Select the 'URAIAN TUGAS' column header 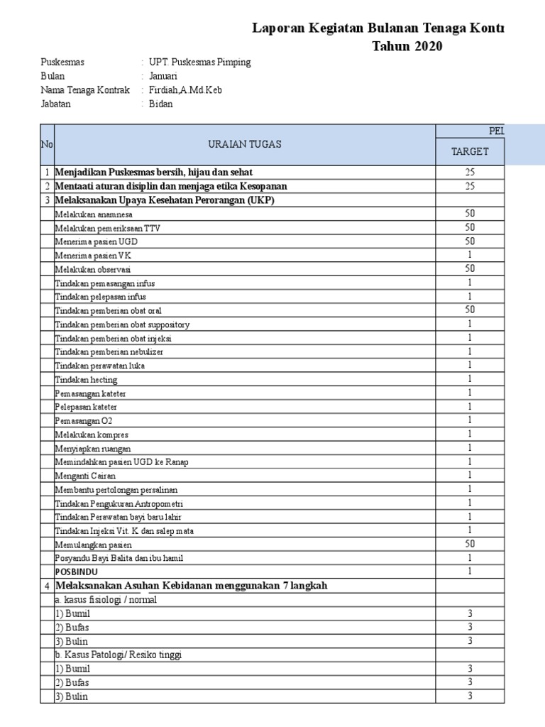pos(245,144)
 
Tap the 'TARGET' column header pos(470,151)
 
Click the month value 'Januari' pos(163,76)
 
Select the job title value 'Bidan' pos(161,104)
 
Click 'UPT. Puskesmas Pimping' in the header pos(199,62)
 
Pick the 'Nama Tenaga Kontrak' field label pos(85,90)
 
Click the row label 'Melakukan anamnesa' pos(94,214)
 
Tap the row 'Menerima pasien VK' pos(92,256)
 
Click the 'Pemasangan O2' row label pos(84,421)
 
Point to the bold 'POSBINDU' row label pos(76,572)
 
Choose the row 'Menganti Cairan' pos(85,476)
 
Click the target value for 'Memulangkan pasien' pos(470,544)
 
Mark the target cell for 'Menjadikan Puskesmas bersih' pos(470,172)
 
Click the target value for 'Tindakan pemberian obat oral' pos(470,310)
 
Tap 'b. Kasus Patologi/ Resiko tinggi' pos(119,655)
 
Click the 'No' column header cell pos(47,144)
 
